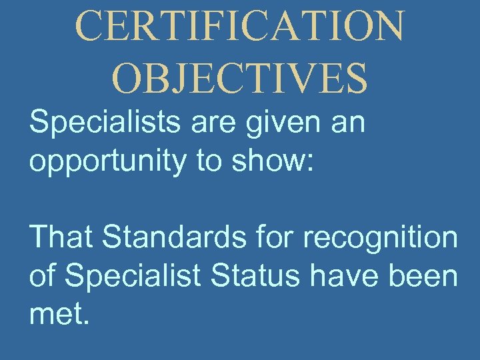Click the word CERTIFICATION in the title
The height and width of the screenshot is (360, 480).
click(240, 25)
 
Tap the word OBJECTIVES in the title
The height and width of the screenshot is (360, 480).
click(240, 78)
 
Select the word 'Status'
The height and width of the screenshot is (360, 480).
click(252, 275)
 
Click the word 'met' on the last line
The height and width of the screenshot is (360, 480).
click(53, 313)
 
